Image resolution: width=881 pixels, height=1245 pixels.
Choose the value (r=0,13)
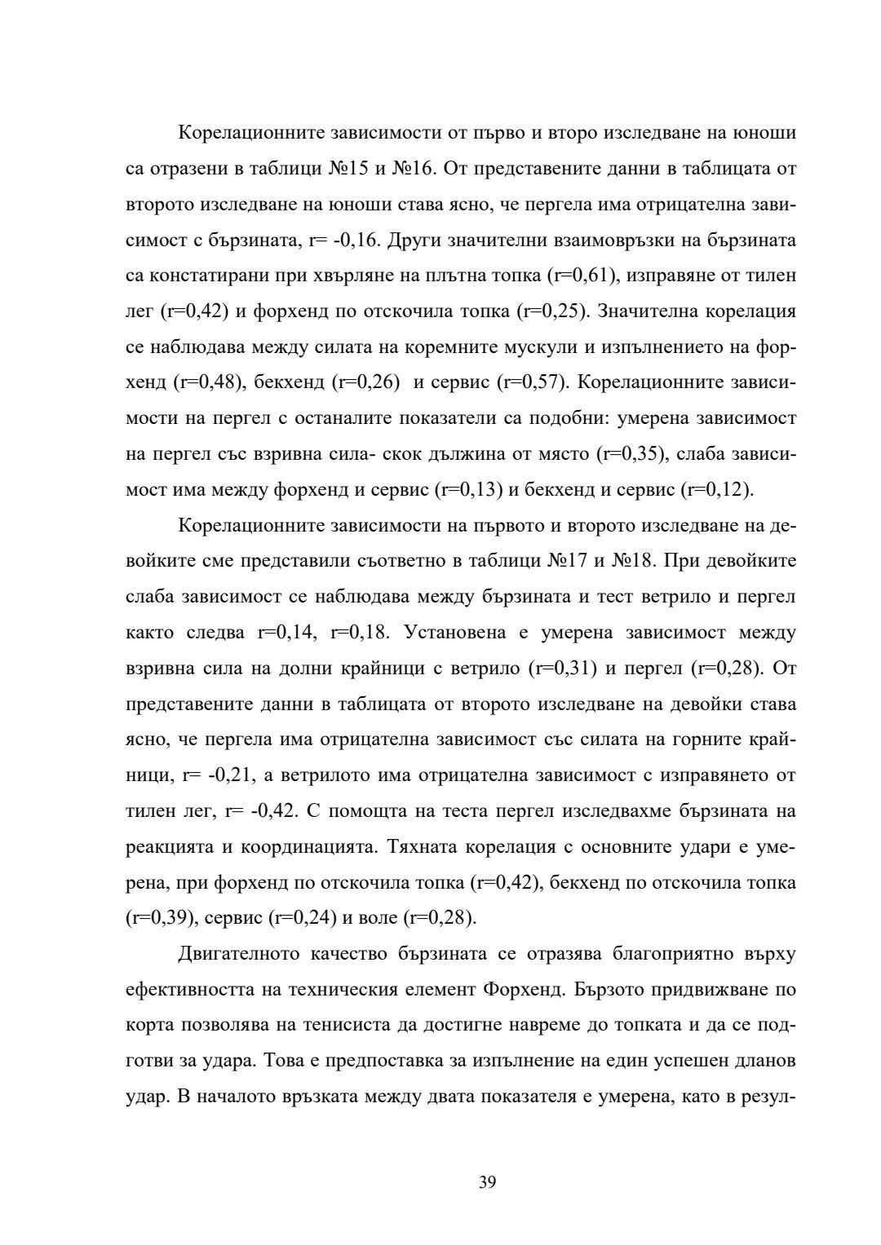point(470,490)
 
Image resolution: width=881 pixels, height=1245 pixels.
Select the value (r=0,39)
point(160,918)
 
